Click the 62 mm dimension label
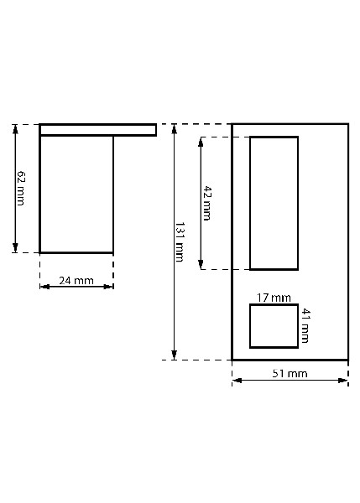click(21, 189)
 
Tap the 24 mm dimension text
click(76, 280)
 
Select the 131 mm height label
click(180, 241)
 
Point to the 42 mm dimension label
click(207, 203)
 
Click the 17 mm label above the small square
click(274, 298)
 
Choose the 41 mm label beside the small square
click(305, 325)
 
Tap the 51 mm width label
click(290, 373)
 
